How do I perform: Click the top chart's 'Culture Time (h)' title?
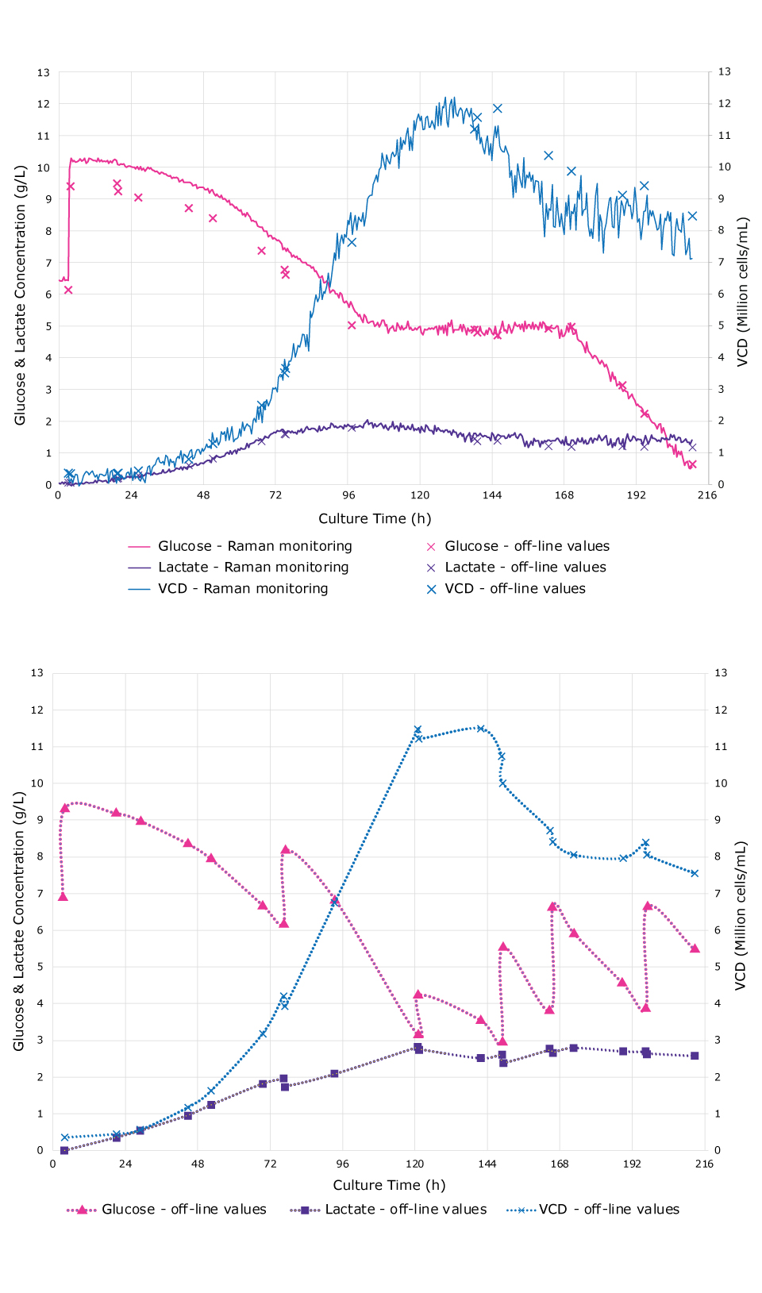pos(375,518)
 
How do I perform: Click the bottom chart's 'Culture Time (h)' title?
pos(389,1184)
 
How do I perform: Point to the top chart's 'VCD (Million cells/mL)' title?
pos(742,291)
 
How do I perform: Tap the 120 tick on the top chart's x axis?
pos(420,495)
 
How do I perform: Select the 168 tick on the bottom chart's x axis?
pos(560,1164)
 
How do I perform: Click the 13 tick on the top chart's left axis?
pos(43,72)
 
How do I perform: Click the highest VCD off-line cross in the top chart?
pos(497,108)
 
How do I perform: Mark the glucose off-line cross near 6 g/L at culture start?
pos(68,290)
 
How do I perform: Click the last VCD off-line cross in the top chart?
pos(692,216)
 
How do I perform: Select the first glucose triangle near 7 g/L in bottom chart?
pos(63,897)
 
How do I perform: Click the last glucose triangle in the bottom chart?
pos(695,949)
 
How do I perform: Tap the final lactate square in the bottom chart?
pos(695,1056)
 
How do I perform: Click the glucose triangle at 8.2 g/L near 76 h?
pos(285,849)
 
